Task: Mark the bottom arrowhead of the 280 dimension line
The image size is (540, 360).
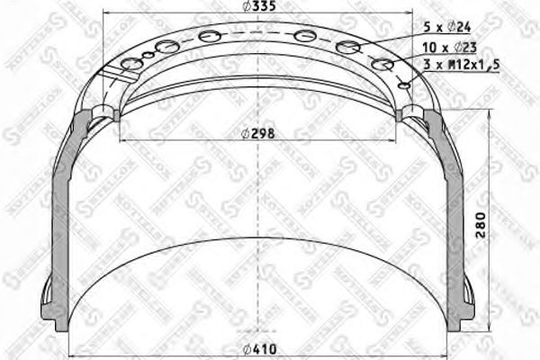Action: click(491, 337)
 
